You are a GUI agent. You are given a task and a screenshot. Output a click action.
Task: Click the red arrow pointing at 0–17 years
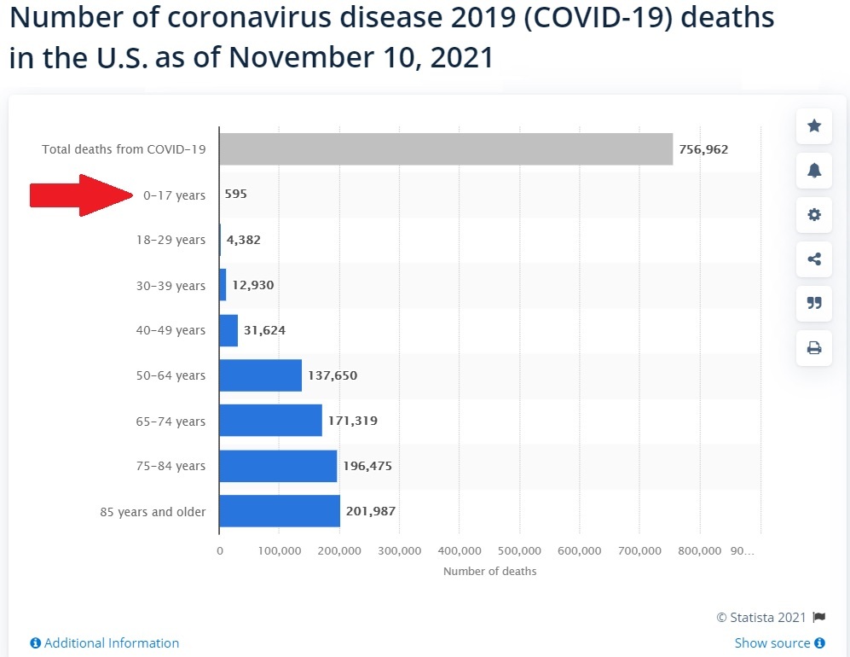[81, 195]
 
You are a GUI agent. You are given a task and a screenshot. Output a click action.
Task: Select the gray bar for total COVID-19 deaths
[445, 149]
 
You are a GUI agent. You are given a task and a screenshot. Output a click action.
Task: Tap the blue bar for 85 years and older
[280, 511]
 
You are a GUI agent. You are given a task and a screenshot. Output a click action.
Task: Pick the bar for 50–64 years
[260, 375]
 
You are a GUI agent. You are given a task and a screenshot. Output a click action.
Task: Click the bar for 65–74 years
[270, 421]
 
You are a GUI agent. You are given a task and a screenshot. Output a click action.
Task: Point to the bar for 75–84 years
[278, 466]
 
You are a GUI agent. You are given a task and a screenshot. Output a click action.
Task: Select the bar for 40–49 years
[228, 330]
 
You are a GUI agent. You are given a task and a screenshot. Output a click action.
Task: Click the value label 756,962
[703, 149]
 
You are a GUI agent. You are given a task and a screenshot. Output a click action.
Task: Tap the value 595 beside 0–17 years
[236, 195]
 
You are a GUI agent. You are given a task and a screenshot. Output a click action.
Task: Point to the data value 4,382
[244, 240]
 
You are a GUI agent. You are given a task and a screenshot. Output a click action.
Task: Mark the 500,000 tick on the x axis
[519, 551]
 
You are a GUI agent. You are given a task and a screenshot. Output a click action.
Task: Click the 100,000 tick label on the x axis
[280, 551]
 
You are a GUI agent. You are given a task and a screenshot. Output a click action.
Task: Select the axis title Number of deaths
[489, 571]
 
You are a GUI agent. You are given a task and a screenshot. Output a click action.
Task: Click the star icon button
[814, 126]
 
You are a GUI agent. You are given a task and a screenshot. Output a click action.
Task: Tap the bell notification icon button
[814, 171]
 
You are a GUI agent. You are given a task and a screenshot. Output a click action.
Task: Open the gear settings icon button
[814, 215]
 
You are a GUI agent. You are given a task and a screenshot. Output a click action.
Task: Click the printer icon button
[814, 347]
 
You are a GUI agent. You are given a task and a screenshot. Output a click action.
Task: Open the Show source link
[779, 643]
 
